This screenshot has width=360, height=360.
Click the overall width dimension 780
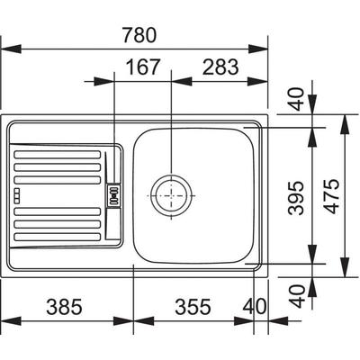pos(139,35)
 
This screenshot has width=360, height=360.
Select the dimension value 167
pos(142,67)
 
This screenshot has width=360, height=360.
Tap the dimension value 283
pos(220,67)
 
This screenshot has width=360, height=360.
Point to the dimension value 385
pos(64,307)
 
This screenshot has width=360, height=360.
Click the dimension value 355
pos(193,307)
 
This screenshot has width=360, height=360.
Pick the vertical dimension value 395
pos(296,197)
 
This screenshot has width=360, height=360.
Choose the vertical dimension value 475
pos(332,196)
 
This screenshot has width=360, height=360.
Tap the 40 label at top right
pos(297,99)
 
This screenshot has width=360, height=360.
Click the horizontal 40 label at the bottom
pos(255,307)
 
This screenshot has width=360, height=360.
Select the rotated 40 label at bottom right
pos(297,296)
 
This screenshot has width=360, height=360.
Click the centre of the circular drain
pos(171,195)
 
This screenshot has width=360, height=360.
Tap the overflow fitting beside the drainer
pos(114,195)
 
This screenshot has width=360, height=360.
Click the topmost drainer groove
pos(57,155)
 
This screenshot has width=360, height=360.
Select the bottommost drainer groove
pos(57,237)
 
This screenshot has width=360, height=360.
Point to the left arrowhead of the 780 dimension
pos(11,49)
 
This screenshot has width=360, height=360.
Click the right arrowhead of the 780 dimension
pos(257,49)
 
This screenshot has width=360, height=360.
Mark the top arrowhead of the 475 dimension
pos(345,124)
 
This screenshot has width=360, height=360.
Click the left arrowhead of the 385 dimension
pos(11,320)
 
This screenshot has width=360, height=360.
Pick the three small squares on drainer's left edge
pos(17,194)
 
